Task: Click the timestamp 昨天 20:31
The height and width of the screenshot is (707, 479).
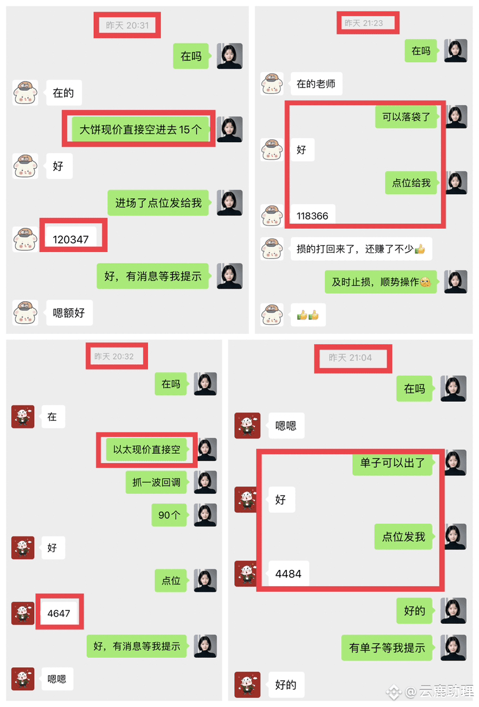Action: click(127, 25)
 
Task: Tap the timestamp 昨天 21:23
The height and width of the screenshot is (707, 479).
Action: click(364, 23)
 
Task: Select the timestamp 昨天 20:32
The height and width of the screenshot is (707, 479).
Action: click(114, 356)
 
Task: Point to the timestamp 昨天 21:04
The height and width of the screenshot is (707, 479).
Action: click(350, 358)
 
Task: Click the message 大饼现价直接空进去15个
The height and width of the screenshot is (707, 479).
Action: click(141, 129)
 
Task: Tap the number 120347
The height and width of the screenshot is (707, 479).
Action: click(71, 239)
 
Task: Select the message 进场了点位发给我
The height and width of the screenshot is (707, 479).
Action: click(158, 203)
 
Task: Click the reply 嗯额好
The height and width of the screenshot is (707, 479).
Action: click(69, 313)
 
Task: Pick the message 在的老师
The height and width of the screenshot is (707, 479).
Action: click(316, 84)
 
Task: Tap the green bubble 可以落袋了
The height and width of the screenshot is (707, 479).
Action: click(406, 117)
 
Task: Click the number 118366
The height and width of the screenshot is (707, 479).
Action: click(312, 216)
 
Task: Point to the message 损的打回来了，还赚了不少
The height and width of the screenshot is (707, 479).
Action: click(361, 249)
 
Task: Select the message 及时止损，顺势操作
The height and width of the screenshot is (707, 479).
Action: click(381, 282)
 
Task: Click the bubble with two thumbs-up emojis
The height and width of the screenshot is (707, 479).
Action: click(308, 314)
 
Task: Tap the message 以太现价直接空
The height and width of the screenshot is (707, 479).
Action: click(147, 449)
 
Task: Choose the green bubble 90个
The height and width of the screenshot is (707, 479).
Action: click(170, 515)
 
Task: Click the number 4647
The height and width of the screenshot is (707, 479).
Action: click(59, 613)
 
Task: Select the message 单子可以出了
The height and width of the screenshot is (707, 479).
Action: click(393, 462)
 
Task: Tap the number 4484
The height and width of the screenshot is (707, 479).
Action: click(289, 573)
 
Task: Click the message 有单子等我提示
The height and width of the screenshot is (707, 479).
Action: click(387, 647)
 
